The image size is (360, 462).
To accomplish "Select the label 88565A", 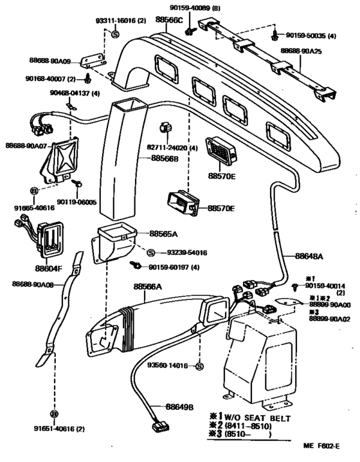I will (165, 234).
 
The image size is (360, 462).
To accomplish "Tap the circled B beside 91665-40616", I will (35, 191).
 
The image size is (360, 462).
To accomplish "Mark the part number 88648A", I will (310, 255).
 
